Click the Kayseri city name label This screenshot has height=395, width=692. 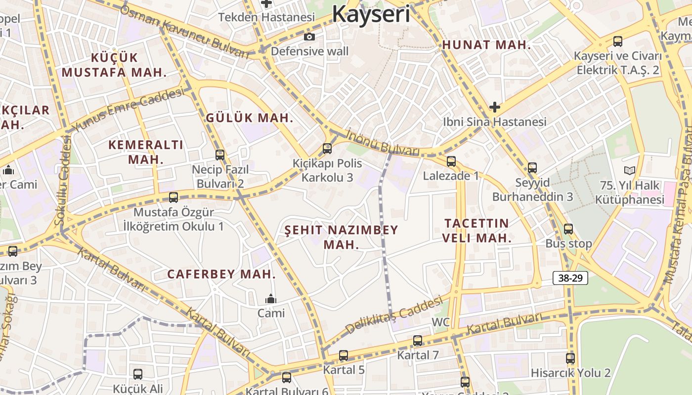click(371, 14)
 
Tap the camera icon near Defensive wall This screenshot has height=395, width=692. click(309, 37)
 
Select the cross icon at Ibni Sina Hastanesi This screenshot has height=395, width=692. click(494, 107)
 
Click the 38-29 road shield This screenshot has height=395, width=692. click(570, 278)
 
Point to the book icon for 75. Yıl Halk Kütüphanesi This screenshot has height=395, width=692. click(629, 171)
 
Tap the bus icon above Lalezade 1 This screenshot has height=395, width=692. click(451, 161)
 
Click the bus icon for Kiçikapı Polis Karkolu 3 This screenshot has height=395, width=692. click(327, 148)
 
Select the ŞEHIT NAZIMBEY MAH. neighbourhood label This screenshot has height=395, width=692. click(341, 237)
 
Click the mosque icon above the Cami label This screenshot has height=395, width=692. click(270, 299)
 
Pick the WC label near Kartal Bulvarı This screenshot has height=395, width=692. click(441, 322)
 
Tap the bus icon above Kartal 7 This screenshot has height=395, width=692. click(418, 340)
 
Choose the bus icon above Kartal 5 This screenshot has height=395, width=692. click(344, 355)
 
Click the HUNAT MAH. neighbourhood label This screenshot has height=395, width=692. click(486, 45)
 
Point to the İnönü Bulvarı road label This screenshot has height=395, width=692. click(383, 143)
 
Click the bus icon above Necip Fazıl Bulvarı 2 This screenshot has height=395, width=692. click(220, 155)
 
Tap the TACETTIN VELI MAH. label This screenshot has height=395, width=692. click(476, 231)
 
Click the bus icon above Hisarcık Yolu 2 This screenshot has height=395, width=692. click(570, 358)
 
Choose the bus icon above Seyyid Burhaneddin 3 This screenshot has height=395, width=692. click(532, 168)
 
